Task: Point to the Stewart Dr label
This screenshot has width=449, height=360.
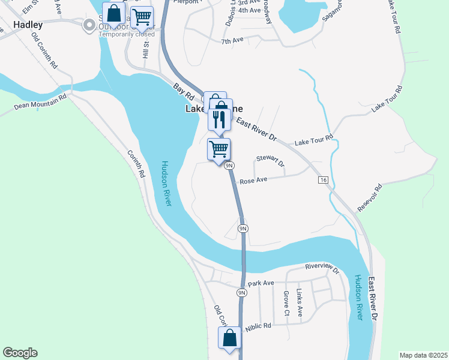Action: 270,160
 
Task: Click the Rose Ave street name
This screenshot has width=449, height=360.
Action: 253,181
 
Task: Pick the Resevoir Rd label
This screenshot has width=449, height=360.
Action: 370,197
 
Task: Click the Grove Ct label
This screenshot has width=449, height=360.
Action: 286,304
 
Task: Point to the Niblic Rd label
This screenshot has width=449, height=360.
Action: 259,326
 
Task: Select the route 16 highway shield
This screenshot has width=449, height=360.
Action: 323,180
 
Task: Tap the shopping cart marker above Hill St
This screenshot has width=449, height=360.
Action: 142,17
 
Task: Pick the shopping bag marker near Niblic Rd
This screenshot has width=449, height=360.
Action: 229,338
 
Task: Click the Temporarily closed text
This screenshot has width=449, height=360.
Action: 127,34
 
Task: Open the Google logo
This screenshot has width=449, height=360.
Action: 20,353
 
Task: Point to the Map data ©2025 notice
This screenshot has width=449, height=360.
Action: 423,355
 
